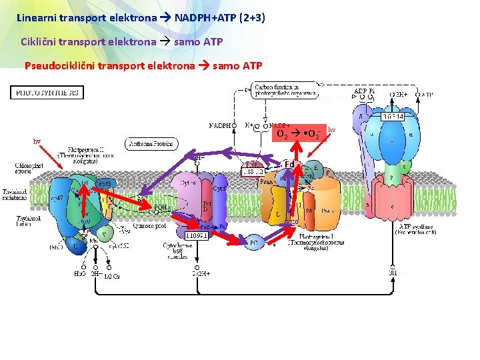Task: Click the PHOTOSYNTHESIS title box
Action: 47,93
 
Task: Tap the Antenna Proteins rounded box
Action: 151,143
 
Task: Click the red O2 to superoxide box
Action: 301,134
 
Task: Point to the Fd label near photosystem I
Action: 289,165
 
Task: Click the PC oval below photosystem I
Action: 254,244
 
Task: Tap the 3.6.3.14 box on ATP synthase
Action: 395,117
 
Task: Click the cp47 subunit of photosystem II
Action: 59,198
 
